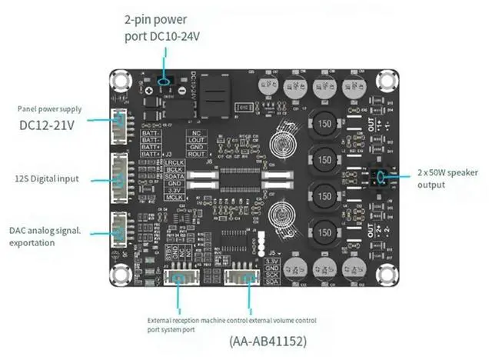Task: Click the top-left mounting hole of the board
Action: pyautogui.click(x=120, y=80)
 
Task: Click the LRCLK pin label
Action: pyautogui.click(x=175, y=164)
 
